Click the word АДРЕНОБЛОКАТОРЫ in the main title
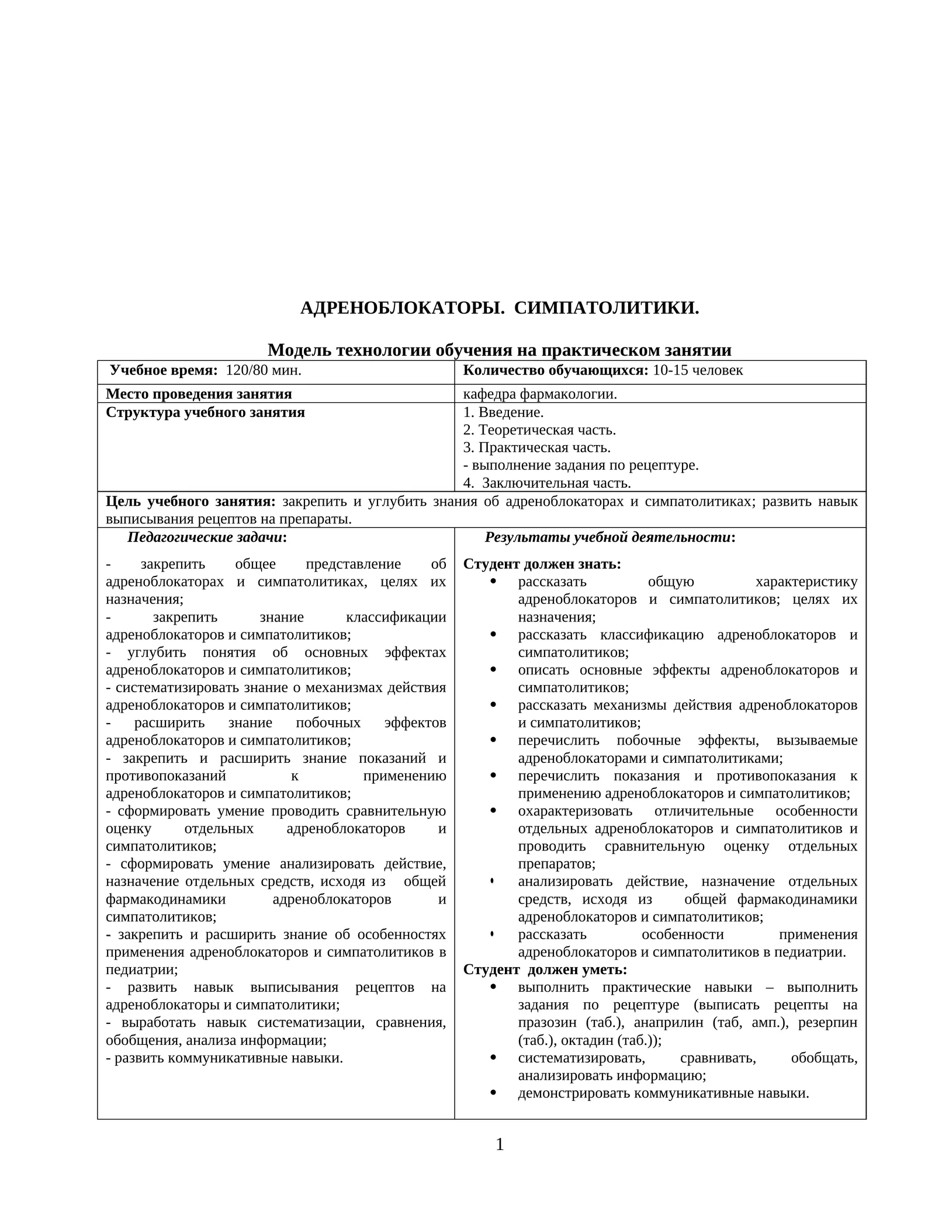pos(402,308)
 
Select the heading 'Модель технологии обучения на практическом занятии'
pos(499,350)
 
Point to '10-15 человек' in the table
pos(698,370)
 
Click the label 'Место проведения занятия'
pos(199,394)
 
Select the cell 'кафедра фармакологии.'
pos(540,394)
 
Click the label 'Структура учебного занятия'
pos(205,413)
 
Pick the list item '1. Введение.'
pos(503,412)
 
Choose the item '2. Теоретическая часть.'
pos(539,430)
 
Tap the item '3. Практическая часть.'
pos(536,448)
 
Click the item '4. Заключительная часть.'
pos(547,484)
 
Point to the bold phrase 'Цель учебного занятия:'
pos(191,502)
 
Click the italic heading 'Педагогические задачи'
pos(205,537)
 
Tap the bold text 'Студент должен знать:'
pos(542,564)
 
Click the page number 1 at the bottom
pos(500,1145)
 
